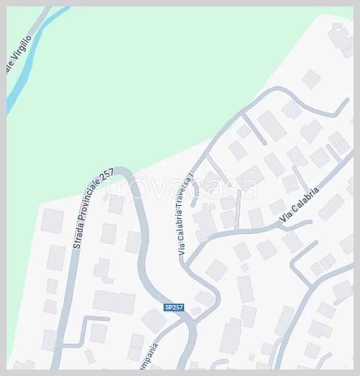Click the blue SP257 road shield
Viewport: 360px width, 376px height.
[x=174, y=308]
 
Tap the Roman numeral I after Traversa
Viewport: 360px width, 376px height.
[x=191, y=176]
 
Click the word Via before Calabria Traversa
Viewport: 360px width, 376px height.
[x=181, y=250]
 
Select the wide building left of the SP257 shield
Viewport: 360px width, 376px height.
[x=114, y=302]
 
